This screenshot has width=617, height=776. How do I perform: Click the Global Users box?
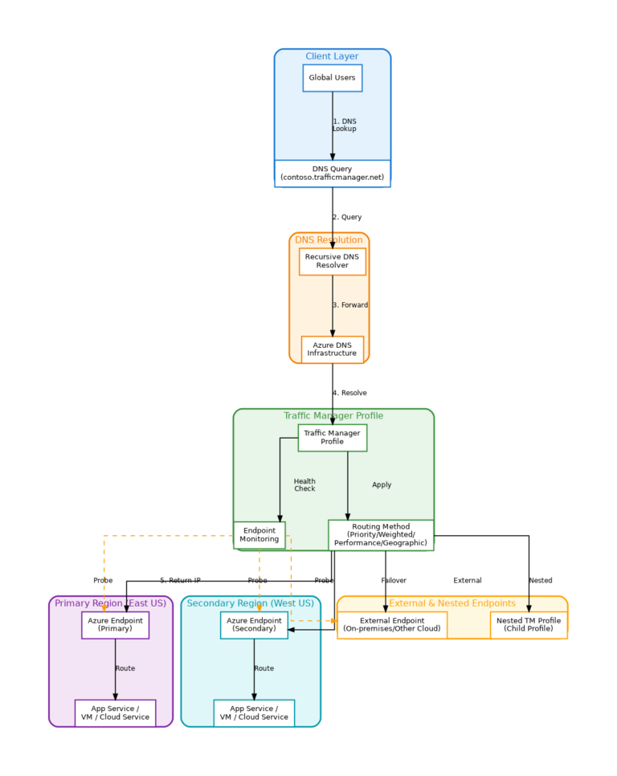tap(332, 78)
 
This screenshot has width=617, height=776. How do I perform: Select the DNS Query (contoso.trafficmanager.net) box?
tap(332, 174)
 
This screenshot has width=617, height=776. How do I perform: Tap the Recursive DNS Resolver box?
tap(332, 261)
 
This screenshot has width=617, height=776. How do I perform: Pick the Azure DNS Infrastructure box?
tap(332, 349)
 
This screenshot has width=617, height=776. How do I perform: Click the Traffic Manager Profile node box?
tap(332, 438)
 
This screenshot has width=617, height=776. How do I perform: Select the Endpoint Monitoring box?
tap(259, 535)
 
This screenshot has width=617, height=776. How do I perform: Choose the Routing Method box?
tap(380, 535)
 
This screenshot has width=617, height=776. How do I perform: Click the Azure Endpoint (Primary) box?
tap(115, 625)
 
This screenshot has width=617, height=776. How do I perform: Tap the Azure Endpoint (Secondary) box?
tap(254, 625)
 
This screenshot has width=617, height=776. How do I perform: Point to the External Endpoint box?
tap(391, 625)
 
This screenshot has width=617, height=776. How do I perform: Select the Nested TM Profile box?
tap(529, 625)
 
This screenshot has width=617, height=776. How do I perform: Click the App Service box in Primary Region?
tap(115, 713)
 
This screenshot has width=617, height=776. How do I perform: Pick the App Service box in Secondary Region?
tap(254, 713)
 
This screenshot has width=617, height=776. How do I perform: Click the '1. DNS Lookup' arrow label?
tap(344, 125)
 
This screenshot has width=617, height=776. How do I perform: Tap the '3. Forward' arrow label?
tap(350, 305)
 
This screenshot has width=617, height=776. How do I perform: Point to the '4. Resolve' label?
tap(349, 393)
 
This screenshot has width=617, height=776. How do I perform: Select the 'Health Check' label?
tap(304, 485)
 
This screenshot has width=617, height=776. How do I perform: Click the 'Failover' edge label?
tap(394, 580)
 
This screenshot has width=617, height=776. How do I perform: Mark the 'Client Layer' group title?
tap(332, 56)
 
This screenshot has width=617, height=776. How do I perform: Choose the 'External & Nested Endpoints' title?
tap(452, 603)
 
